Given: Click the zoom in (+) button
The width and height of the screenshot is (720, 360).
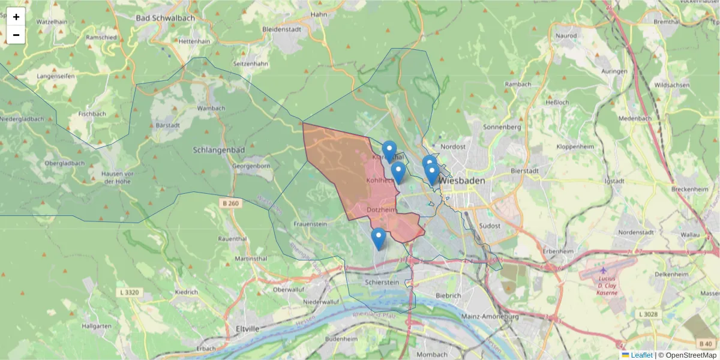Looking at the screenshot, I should pos(16,17).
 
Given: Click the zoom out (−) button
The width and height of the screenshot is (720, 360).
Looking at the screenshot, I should pos(16,35).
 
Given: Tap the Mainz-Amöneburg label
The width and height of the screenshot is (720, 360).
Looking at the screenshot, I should pos(490,316).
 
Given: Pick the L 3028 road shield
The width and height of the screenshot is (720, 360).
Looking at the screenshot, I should pos(649,314).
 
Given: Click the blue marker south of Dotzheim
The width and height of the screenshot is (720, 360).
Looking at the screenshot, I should pos(378,238).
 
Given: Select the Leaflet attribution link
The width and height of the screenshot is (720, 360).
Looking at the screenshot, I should pos(641,355).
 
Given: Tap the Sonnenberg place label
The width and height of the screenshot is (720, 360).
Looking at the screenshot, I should pos(502,127).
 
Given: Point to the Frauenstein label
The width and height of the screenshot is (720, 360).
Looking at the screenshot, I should pos(310,224).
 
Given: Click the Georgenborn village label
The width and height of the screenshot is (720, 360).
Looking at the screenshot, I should pos(251,166).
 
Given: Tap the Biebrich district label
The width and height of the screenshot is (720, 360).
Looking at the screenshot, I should pos(448,295).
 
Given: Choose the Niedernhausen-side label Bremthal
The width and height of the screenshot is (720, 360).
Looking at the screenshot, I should pos(666,22).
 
